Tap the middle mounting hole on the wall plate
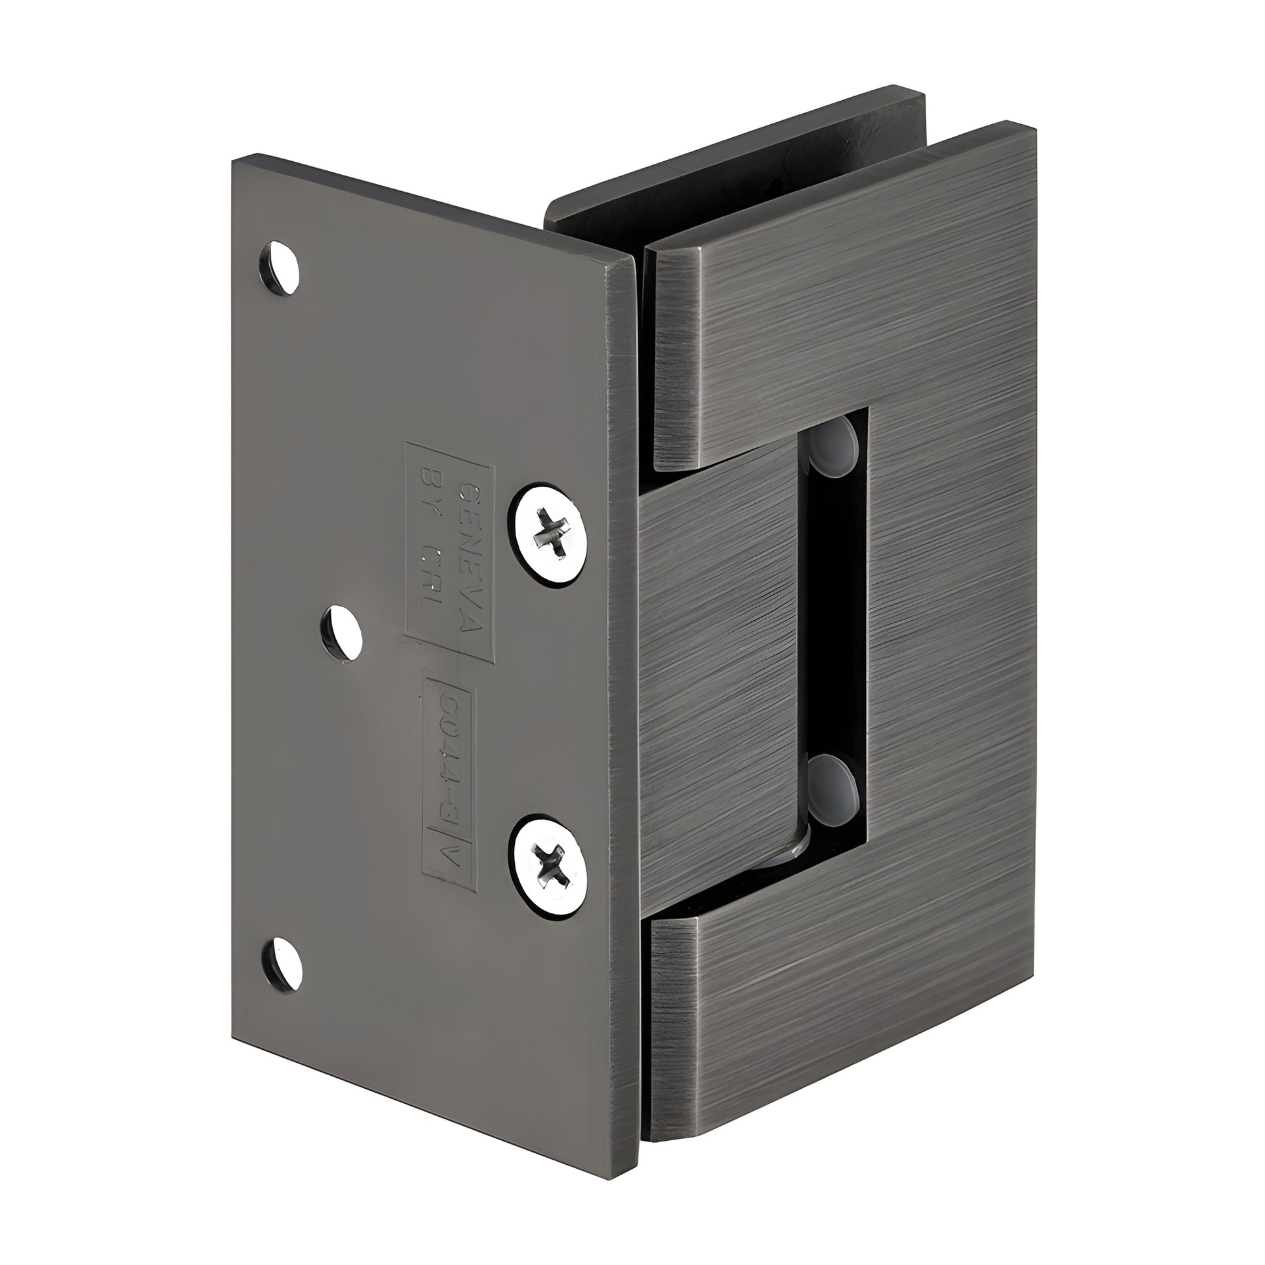pos(342,632)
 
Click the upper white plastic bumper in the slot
pos(833,446)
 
